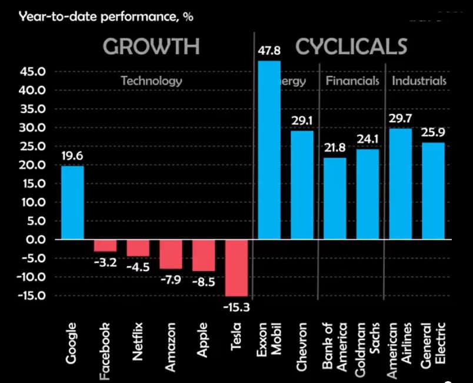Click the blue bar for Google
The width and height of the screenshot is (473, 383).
(x=72, y=202)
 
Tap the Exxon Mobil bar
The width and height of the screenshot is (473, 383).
(x=269, y=150)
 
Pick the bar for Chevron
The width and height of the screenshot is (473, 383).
(x=302, y=185)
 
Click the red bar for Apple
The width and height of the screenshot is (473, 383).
(x=204, y=255)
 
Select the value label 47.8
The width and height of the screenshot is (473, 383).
(x=269, y=52)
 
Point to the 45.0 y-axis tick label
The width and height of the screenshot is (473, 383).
(x=33, y=72)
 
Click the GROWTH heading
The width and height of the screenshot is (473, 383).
(x=151, y=46)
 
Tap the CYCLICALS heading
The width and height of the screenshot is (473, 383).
(x=351, y=46)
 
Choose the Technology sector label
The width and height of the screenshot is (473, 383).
(x=151, y=81)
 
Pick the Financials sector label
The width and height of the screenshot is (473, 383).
(x=352, y=81)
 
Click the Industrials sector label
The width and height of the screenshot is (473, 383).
(x=419, y=81)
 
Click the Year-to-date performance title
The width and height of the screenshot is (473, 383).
(x=106, y=16)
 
